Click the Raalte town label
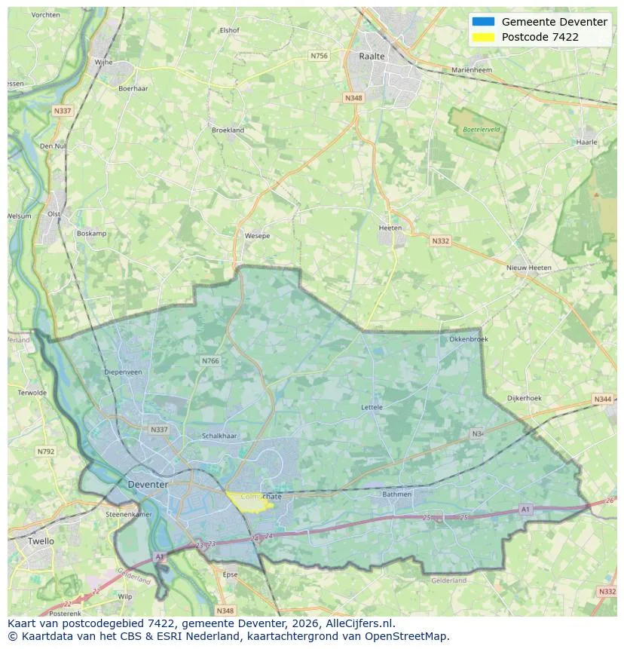[x=372, y=57]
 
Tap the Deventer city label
[x=148, y=484]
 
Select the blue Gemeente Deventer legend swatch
[x=483, y=22]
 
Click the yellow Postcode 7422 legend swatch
[x=483, y=37]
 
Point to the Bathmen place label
[x=397, y=494]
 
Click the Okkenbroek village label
[x=469, y=339]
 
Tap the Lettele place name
[x=372, y=407]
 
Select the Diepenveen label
[x=123, y=372]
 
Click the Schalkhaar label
[x=220, y=436]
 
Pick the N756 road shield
[x=319, y=56]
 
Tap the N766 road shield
[x=210, y=361]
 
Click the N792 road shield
[x=46, y=452]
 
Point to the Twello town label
[x=41, y=541]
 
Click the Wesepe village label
[x=257, y=236]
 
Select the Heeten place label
[x=390, y=228]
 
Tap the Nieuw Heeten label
[x=529, y=268]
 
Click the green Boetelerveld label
[x=482, y=130]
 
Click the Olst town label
[x=54, y=214]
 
